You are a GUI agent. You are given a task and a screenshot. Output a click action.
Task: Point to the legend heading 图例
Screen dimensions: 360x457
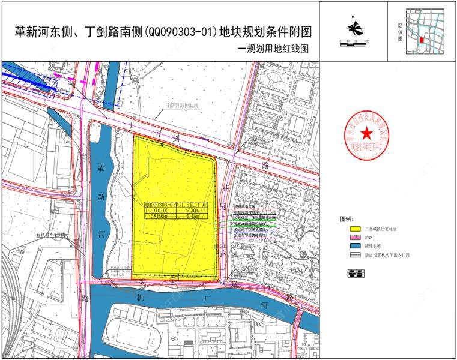pos(348,219)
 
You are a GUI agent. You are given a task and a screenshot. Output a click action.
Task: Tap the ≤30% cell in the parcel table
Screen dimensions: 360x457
pos(192,211)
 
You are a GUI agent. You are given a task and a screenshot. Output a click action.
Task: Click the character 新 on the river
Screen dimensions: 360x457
pos(101,196)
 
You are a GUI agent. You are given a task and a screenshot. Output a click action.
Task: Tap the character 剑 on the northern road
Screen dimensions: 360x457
pos(176,137)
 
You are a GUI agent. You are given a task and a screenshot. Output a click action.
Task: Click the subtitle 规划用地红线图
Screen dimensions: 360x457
pos(276,50)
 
